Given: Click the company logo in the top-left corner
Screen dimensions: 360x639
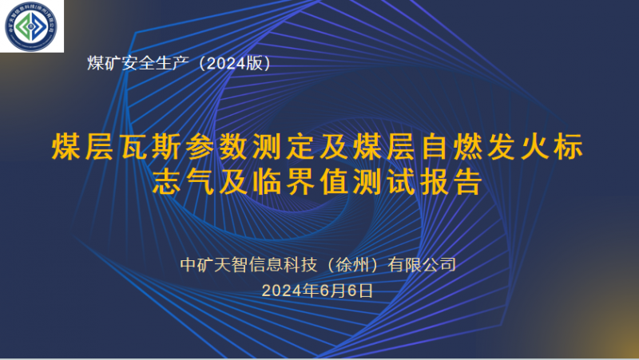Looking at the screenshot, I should tap(32, 26).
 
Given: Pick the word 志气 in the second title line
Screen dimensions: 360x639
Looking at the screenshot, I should tap(181, 183).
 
